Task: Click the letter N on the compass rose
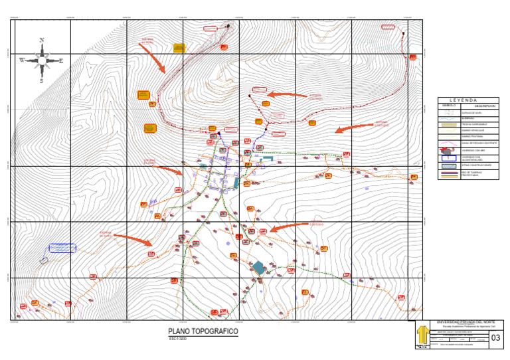click(x=42, y=40)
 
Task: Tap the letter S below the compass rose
click(x=41, y=81)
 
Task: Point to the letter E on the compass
click(x=62, y=60)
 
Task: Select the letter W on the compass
click(x=21, y=60)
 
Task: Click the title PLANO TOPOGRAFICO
click(x=203, y=331)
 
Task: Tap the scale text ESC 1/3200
click(x=178, y=339)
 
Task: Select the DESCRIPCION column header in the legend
click(x=485, y=106)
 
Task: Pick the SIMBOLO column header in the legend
click(x=449, y=106)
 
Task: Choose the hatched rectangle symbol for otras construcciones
click(x=449, y=165)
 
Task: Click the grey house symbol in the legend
click(x=449, y=151)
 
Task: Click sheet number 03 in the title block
click(x=495, y=339)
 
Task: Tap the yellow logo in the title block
click(x=421, y=335)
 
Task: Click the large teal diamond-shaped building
click(x=258, y=267)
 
